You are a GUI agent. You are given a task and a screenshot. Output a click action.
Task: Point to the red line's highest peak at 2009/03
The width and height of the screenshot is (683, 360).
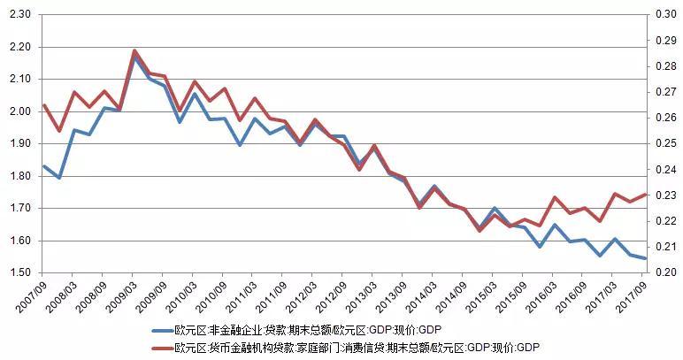(x=134, y=51)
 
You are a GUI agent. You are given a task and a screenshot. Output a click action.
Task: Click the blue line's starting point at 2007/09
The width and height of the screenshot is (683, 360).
(x=44, y=166)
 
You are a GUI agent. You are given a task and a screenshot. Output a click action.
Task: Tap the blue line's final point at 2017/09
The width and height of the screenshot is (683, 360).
(x=647, y=258)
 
